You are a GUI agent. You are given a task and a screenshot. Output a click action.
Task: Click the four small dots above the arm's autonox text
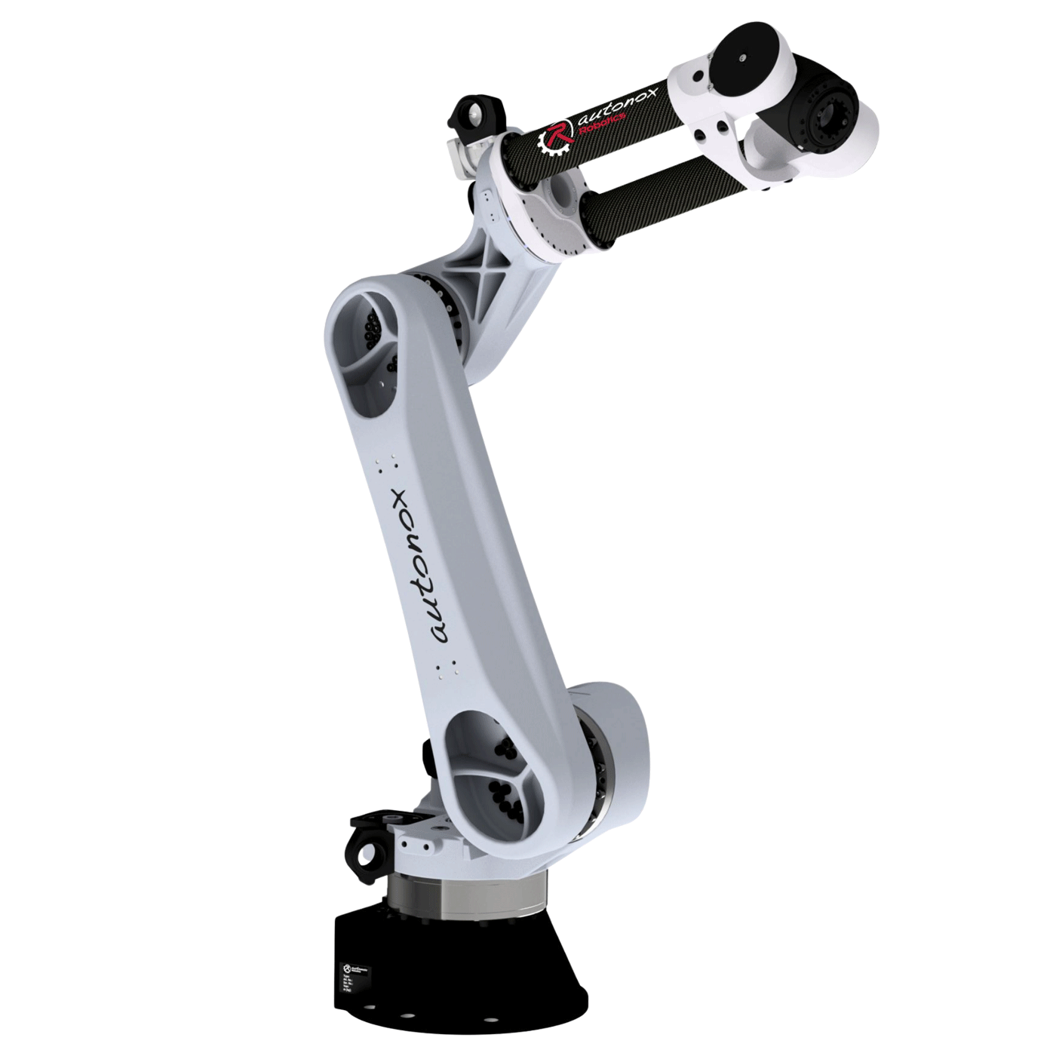tap(388, 462)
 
